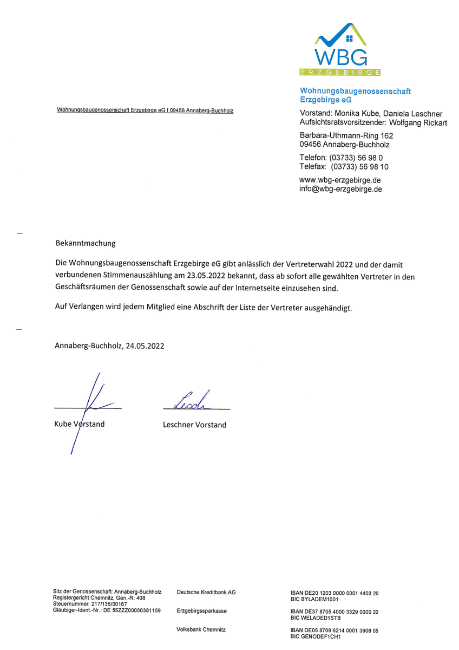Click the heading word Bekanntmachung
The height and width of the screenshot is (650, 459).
point(86,244)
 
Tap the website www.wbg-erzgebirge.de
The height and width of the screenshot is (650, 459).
point(340,180)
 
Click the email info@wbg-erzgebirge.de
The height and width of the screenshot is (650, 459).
point(340,189)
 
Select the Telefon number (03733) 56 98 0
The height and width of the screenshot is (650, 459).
point(356,158)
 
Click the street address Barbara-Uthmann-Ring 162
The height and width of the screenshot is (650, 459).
point(346,135)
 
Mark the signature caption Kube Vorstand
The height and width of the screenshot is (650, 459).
point(80,424)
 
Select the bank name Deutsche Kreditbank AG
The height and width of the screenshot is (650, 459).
point(206,592)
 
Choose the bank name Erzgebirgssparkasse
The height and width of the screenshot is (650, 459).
point(202,611)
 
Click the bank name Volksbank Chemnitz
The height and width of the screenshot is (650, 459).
point(201,629)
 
